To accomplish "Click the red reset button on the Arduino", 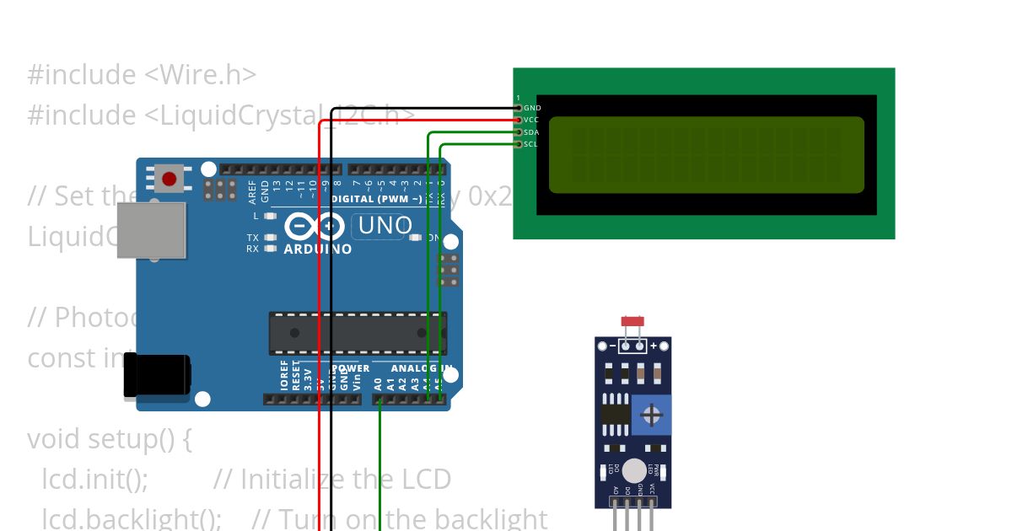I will coord(170,179).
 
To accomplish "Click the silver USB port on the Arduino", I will coord(151,229).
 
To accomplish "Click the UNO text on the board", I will coord(385,225).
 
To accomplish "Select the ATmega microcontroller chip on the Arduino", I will coord(358,334).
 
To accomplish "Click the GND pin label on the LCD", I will coord(532,108).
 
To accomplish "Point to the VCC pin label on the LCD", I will coord(531,121).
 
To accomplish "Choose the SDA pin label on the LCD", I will coord(531,132).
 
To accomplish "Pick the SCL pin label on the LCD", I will coord(531,144).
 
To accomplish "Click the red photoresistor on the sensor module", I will coord(632,321).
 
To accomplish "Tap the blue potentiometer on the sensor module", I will coord(650,415).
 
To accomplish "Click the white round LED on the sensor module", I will coord(634,471).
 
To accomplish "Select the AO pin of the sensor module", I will coord(616,491).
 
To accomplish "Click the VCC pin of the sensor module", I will coord(651,491).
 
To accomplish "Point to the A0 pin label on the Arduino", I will coord(379,383).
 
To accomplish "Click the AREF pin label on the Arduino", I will coord(252,193).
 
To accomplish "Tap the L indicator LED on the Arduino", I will coord(270,216).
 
